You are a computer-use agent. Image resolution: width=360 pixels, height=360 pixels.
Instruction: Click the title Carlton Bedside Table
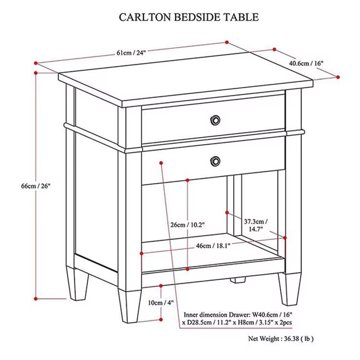coord(189,17)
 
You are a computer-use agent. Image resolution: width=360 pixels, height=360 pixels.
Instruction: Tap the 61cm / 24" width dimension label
coord(132,53)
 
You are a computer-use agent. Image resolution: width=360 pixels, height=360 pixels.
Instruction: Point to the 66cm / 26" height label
coord(36,186)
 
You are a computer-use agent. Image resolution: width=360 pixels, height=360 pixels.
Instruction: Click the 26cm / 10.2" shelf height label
coord(187,225)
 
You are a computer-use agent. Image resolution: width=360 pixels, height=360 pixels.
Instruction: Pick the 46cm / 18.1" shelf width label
coord(213,246)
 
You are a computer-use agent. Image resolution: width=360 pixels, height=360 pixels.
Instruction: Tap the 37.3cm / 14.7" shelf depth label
coord(256,225)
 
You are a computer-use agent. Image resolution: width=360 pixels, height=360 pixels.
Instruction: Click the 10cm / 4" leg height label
coord(161,303)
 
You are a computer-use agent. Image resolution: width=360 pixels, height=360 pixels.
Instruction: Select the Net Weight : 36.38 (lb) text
coord(281,339)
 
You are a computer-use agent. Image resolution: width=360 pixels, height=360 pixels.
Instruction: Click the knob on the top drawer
coord(215,120)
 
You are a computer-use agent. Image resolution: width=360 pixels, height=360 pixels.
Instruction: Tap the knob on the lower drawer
coord(215,161)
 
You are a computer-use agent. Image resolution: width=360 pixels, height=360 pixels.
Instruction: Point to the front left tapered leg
coord(130,306)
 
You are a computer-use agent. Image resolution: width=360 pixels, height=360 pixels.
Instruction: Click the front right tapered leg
coord(290,289)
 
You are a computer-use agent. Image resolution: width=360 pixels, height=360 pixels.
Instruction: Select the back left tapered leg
coord(78,284)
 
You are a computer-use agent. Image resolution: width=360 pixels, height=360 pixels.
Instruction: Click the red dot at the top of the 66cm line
coord(36,73)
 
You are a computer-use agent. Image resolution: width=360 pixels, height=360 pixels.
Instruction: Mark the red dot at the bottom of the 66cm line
coord(36,299)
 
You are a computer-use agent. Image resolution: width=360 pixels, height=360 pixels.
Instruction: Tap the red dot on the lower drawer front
coord(161,163)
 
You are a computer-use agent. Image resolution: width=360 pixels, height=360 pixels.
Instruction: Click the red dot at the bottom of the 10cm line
coord(161,319)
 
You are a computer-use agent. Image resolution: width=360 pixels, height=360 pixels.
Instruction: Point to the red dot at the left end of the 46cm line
coord(142,253)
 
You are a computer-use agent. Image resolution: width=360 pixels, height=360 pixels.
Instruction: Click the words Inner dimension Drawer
coord(216,314)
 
